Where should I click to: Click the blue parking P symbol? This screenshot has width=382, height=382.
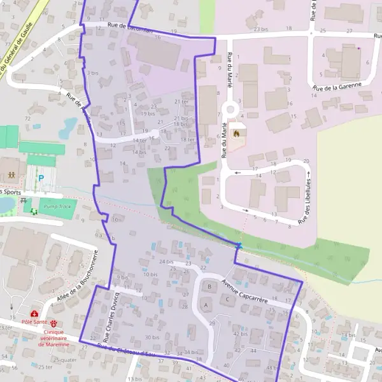[x=41, y=179]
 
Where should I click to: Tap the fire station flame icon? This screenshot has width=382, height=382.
[x=237, y=134]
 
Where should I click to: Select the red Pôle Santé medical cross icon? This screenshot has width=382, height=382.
[x=34, y=314]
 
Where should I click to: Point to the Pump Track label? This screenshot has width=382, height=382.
[x=57, y=207]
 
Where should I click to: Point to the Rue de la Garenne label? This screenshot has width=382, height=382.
[x=337, y=85]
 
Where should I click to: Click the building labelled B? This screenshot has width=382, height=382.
[x=209, y=286]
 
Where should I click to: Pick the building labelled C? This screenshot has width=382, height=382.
[x=227, y=298]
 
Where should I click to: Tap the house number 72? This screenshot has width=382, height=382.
[x=27, y=119]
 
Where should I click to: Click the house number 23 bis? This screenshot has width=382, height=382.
[x=260, y=29]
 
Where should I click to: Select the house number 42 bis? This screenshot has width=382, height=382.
[x=241, y=334]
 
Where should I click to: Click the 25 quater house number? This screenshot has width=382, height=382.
[x=64, y=360]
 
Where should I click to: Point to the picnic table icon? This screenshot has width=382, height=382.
[x=25, y=200]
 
